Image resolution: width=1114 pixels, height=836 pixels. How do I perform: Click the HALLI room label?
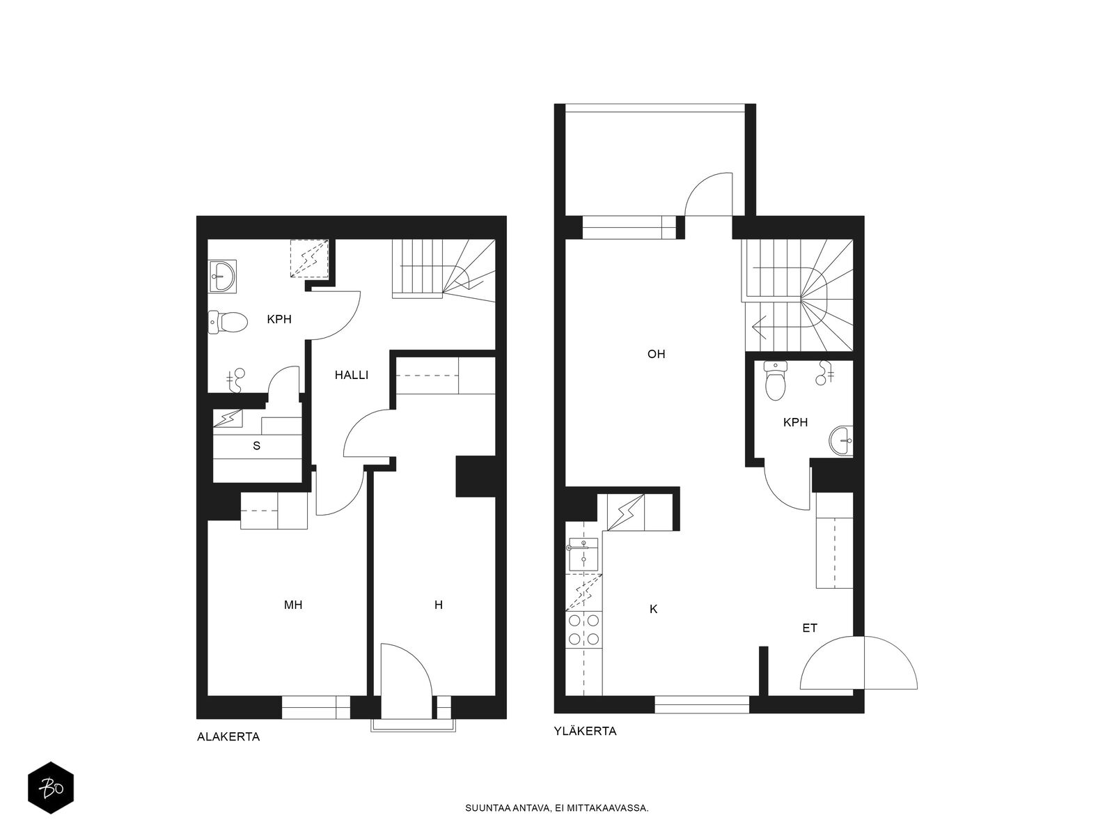(x=351, y=375)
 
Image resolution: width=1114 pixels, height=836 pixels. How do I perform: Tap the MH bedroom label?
(x=293, y=605)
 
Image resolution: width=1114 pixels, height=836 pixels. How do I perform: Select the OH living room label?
(x=657, y=354)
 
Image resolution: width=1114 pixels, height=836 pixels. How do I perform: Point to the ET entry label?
(x=810, y=628)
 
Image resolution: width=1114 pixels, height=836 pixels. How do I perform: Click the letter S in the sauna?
(x=257, y=446)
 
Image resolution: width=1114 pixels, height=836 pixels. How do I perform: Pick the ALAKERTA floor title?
(x=228, y=736)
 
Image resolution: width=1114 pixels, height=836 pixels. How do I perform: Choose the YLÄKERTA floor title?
(x=585, y=731)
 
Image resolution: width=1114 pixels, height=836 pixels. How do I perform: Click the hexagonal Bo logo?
(x=51, y=788)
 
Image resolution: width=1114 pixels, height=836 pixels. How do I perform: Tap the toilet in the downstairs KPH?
(x=228, y=322)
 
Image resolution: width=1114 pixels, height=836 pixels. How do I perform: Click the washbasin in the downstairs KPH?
(x=222, y=277)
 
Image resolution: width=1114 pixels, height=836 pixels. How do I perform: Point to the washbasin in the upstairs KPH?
(x=841, y=441)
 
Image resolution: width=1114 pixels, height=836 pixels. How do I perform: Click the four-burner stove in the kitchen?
(x=583, y=629)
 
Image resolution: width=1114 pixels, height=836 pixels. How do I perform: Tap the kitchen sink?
(x=583, y=555)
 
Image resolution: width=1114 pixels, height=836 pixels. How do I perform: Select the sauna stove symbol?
(x=228, y=419)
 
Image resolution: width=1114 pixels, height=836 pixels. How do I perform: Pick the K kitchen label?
(x=653, y=609)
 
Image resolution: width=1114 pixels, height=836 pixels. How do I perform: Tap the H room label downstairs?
(x=439, y=605)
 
